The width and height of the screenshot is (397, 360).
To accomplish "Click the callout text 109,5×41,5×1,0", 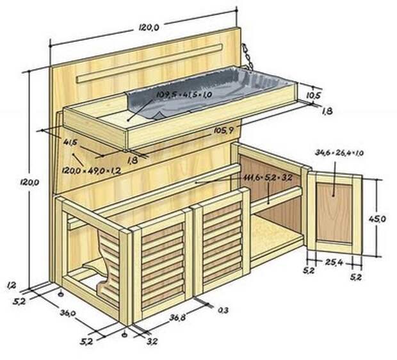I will [x=184, y=94].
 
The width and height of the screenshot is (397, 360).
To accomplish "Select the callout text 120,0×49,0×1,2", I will [x=91, y=171].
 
